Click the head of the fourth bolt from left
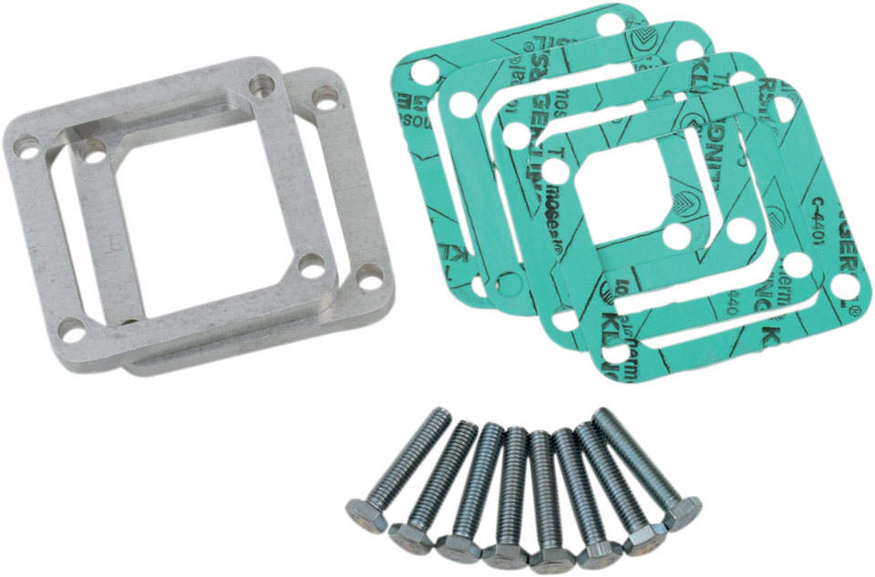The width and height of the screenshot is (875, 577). click(x=504, y=553)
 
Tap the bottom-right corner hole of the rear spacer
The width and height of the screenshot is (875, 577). click(x=368, y=273)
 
